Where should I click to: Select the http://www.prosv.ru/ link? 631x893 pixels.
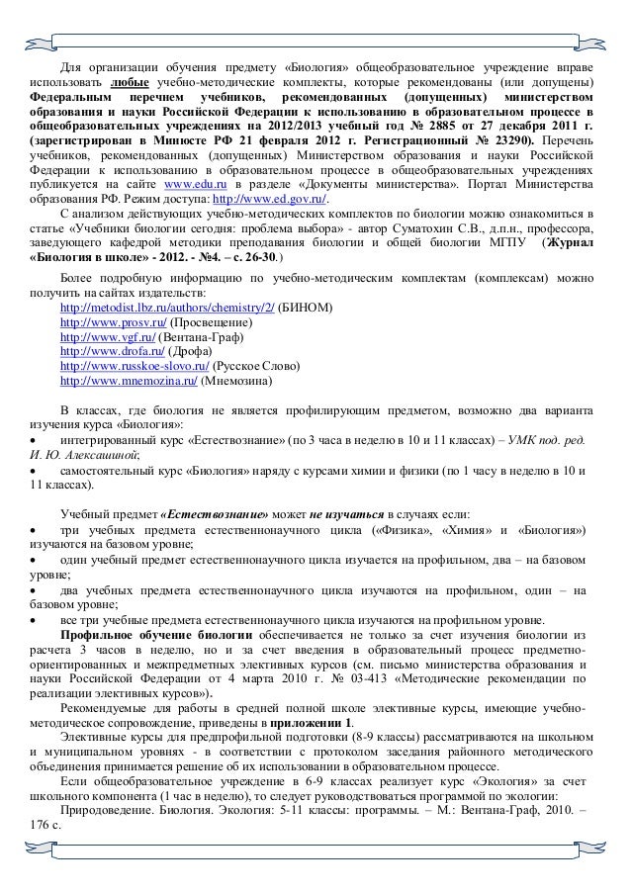click(113, 323)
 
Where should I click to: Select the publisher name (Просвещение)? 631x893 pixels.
click(207, 323)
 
